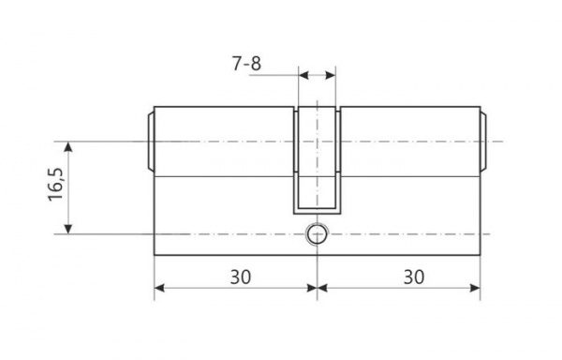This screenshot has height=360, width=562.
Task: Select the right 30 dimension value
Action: pos(412,278)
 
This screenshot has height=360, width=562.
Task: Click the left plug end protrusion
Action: pos(150,142)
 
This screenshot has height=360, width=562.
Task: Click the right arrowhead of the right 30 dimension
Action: pos(476,288)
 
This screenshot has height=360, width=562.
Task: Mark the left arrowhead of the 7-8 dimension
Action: pos(303,74)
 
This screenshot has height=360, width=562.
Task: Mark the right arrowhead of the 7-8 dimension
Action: pos(332,74)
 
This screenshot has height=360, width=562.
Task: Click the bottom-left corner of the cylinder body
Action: pos(154,253)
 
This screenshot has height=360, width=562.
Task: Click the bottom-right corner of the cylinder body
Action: pos(481,253)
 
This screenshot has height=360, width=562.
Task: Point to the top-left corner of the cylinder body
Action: pos(154,105)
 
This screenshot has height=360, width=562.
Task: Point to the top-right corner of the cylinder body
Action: pos(481,105)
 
